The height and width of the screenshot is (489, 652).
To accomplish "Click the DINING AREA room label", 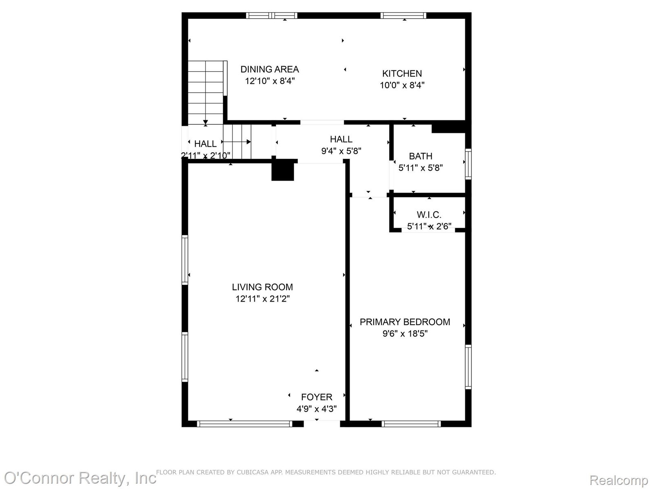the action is [269, 69].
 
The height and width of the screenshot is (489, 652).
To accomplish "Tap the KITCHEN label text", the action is [402, 73].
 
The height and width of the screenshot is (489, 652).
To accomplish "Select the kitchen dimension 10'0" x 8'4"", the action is [402, 85].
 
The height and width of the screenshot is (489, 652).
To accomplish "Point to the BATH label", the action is [420, 156].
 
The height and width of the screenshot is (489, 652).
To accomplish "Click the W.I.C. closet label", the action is [429, 214].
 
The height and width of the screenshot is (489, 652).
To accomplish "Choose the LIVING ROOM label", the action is [262, 287].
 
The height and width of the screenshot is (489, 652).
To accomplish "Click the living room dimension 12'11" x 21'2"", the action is [262, 298].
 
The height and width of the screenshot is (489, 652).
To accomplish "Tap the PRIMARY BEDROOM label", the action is [405, 322].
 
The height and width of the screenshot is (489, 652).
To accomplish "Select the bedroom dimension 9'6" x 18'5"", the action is [405, 333].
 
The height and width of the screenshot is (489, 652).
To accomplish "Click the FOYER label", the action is [317, 397].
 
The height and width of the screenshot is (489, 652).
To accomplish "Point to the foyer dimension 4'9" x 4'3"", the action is [317, 409].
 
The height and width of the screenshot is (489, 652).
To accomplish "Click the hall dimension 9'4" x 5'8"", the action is [341, 151].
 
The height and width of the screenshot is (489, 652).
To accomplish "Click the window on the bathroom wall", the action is [468, 164].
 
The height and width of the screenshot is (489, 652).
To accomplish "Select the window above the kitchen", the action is [403, 15].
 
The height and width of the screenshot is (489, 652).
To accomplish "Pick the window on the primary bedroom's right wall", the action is [468, 367].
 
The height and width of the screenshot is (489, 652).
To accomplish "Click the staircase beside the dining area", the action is [206, 93].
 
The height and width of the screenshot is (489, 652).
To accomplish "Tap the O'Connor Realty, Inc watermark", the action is [80, 478].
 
